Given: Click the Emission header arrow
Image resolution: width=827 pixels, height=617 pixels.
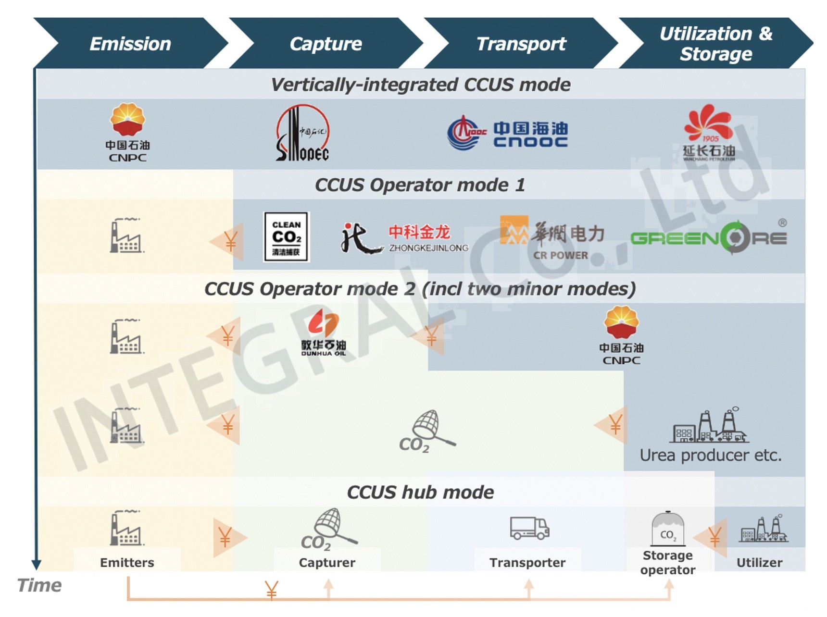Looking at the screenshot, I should coord(130,44).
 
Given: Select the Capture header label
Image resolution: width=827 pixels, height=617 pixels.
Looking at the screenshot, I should coord(326,44).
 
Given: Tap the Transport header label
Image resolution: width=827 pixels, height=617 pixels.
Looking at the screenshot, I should coord(521,44).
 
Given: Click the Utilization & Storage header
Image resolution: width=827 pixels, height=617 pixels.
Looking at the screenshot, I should coord(715,44).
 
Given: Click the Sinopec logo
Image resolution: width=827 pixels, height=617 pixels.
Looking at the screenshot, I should coord(302,133).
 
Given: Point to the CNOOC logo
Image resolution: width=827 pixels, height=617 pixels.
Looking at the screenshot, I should coord(507,133).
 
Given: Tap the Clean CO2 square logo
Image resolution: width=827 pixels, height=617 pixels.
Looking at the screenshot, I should coord(286,237).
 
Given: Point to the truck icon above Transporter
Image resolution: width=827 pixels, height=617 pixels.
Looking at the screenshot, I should coord(529,528).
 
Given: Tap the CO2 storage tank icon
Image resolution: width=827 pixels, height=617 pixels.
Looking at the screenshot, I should coord(667,528).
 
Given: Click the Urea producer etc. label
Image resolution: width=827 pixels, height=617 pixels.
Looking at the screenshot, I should coord(710,455).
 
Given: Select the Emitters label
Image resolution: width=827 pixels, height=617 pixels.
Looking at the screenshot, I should coord(127,562).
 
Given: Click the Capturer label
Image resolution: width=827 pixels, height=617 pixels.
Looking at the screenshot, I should coord(327,562).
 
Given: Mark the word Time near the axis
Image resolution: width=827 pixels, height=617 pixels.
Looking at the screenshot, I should coord(39,585).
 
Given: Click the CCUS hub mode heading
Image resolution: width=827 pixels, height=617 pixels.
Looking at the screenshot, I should coord(420,492).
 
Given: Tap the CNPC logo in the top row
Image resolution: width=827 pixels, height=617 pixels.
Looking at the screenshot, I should coord(127,132).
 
